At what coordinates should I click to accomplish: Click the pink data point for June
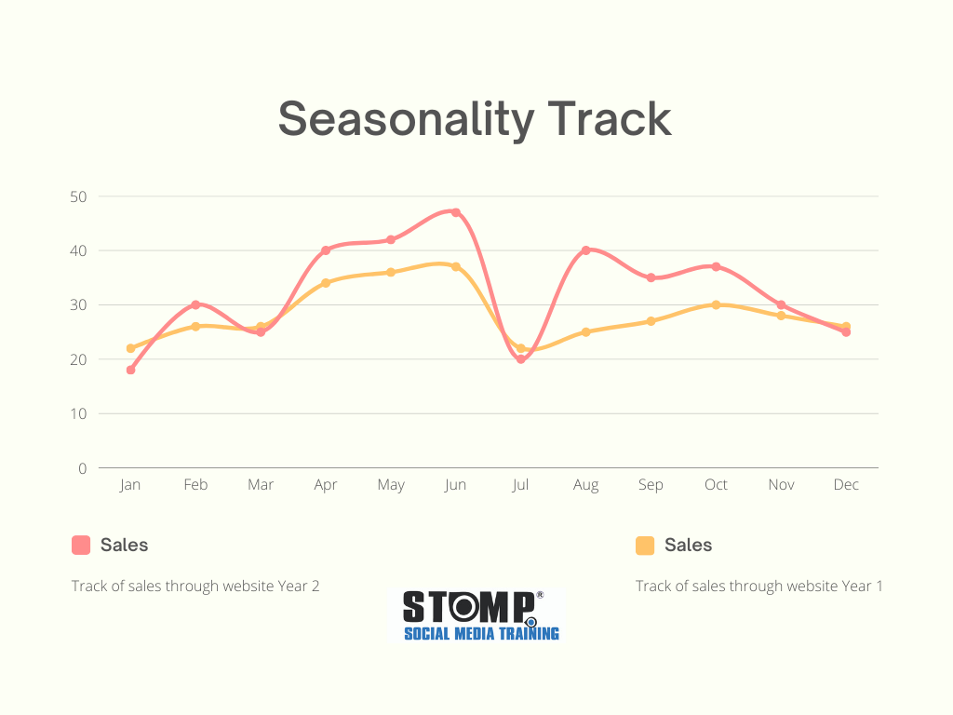pos(456,212)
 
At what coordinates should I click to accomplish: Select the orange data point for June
pos(456,266)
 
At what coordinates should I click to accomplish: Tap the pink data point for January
pos(130,370)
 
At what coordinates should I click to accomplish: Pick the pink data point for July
pos(521,358)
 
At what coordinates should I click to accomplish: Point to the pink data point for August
pos(586,250)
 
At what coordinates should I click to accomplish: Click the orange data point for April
pos(326,283)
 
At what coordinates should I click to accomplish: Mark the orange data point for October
pos(716,304)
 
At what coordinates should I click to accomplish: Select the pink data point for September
pos(651,277)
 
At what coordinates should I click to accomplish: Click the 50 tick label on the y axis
pos(78,196)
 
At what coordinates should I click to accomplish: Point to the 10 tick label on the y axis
pos(78,413)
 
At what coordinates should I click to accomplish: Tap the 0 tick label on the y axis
pos(83,468)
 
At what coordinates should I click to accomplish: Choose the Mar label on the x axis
pos(261,485)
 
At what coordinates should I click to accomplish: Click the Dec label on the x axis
pos(846,485)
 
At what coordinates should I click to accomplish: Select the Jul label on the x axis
pos(521,485)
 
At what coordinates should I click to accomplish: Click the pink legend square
pos(81,546)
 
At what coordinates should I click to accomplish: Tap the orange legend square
pos(645,546)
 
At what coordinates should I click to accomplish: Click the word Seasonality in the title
pos(406,119)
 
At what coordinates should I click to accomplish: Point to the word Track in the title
pos(609,119)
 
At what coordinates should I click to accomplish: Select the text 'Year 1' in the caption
pos(862,587)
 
